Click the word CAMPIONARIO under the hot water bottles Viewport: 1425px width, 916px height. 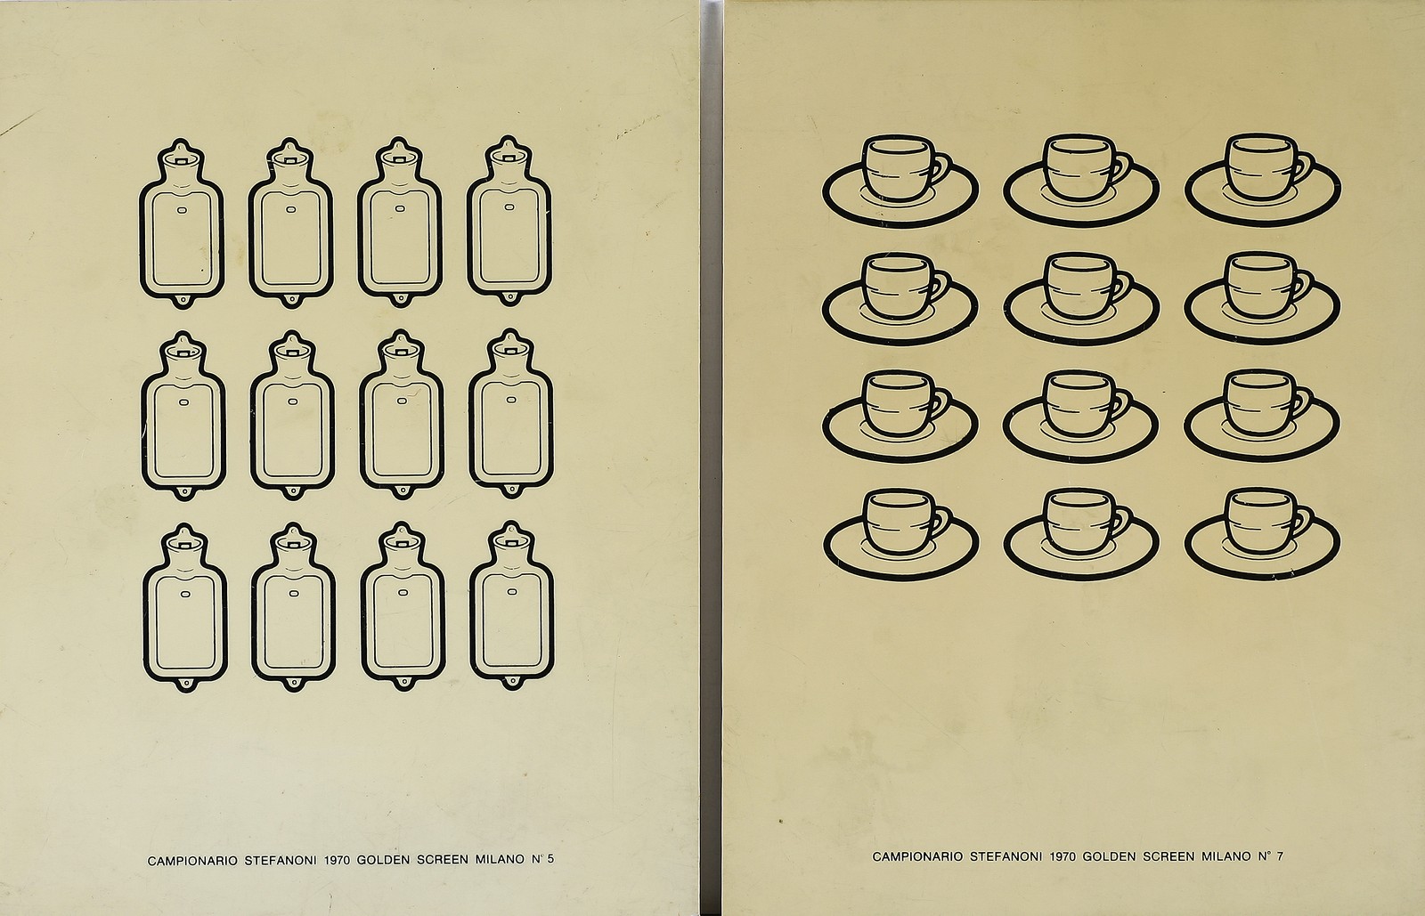tap(192, 861)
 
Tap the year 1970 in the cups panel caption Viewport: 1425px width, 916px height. tap(1063, 857)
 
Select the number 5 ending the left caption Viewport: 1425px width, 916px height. tap(550, 859)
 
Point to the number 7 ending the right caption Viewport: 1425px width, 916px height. tap(1280, 856)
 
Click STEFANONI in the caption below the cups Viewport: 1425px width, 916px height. tap(1006, 857)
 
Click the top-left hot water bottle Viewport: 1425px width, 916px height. tap(182, 223)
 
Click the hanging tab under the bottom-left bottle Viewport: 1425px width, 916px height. tap(185, 685)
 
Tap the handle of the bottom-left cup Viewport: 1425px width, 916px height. tap(941, 522)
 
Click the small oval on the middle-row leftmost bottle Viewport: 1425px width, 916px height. tap(183, 402)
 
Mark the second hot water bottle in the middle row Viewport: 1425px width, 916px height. tap(293, 415)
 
